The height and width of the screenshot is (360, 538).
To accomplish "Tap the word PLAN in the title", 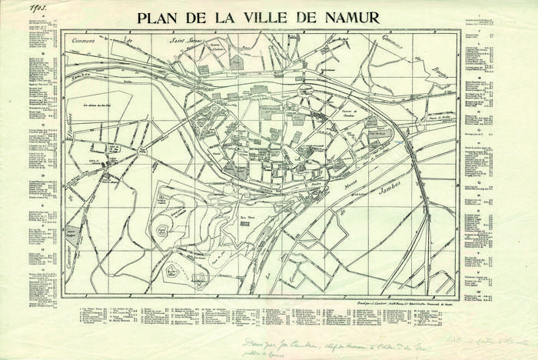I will [x=161, y=18].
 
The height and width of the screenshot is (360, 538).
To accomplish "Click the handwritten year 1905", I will [x=37, y=7].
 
